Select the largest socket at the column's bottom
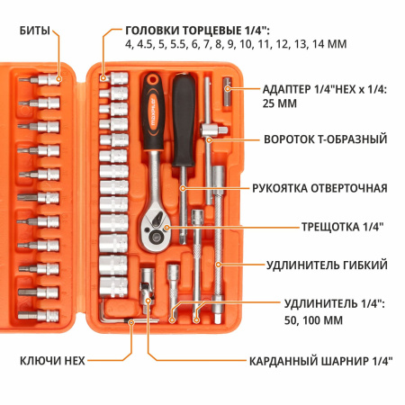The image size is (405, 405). [x=115, y=289]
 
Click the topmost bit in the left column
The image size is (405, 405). [x=44, y=81]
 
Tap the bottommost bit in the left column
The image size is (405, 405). [x=43, y=315]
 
